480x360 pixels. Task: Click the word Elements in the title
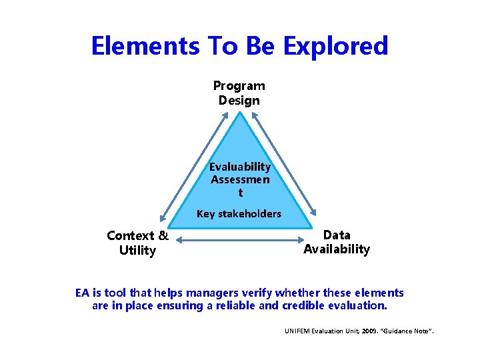[x=141, y=46]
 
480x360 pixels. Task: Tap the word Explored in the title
[x=335, y=46]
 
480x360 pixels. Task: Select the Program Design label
[x=239, y=93]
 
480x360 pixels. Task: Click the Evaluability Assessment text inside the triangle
[x=240, y=173]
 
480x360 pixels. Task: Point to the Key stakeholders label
[x=239, y=214]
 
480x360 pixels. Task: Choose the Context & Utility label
[x=137, y=243]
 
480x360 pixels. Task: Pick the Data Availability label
[x=337, y=242]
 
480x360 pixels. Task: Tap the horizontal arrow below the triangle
[x=239, y=237]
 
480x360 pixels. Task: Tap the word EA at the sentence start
[x=83, y=293]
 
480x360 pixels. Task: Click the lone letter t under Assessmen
[x=240, y=193]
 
